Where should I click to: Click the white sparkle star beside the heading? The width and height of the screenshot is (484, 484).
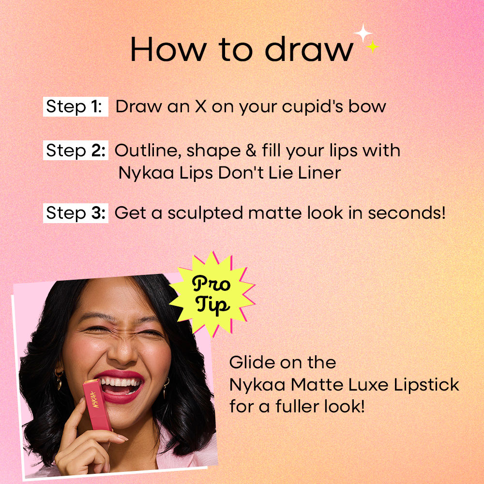(x=363, y=32)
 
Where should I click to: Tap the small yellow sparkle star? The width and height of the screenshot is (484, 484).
(x=373, y=46)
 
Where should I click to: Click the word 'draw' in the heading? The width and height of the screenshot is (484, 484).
(x=309, y=49)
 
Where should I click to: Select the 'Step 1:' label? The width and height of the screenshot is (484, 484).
(x=76, y=106)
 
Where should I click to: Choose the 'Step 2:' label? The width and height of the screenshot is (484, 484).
(x=76, y=151)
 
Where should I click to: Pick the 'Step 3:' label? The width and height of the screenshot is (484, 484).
(x=76, y=213)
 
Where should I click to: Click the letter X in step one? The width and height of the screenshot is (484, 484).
(x=201, y=106)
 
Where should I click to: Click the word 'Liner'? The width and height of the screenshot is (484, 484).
(x=319, y=173)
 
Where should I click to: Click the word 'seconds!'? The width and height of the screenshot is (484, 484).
(x=407, y=213)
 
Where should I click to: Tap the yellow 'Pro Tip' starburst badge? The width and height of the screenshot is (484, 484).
(x=212, y=294)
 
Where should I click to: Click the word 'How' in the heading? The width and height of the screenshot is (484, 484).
(x=168, y=49)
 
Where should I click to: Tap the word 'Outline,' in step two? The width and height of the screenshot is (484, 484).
(x=148, y=151)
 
